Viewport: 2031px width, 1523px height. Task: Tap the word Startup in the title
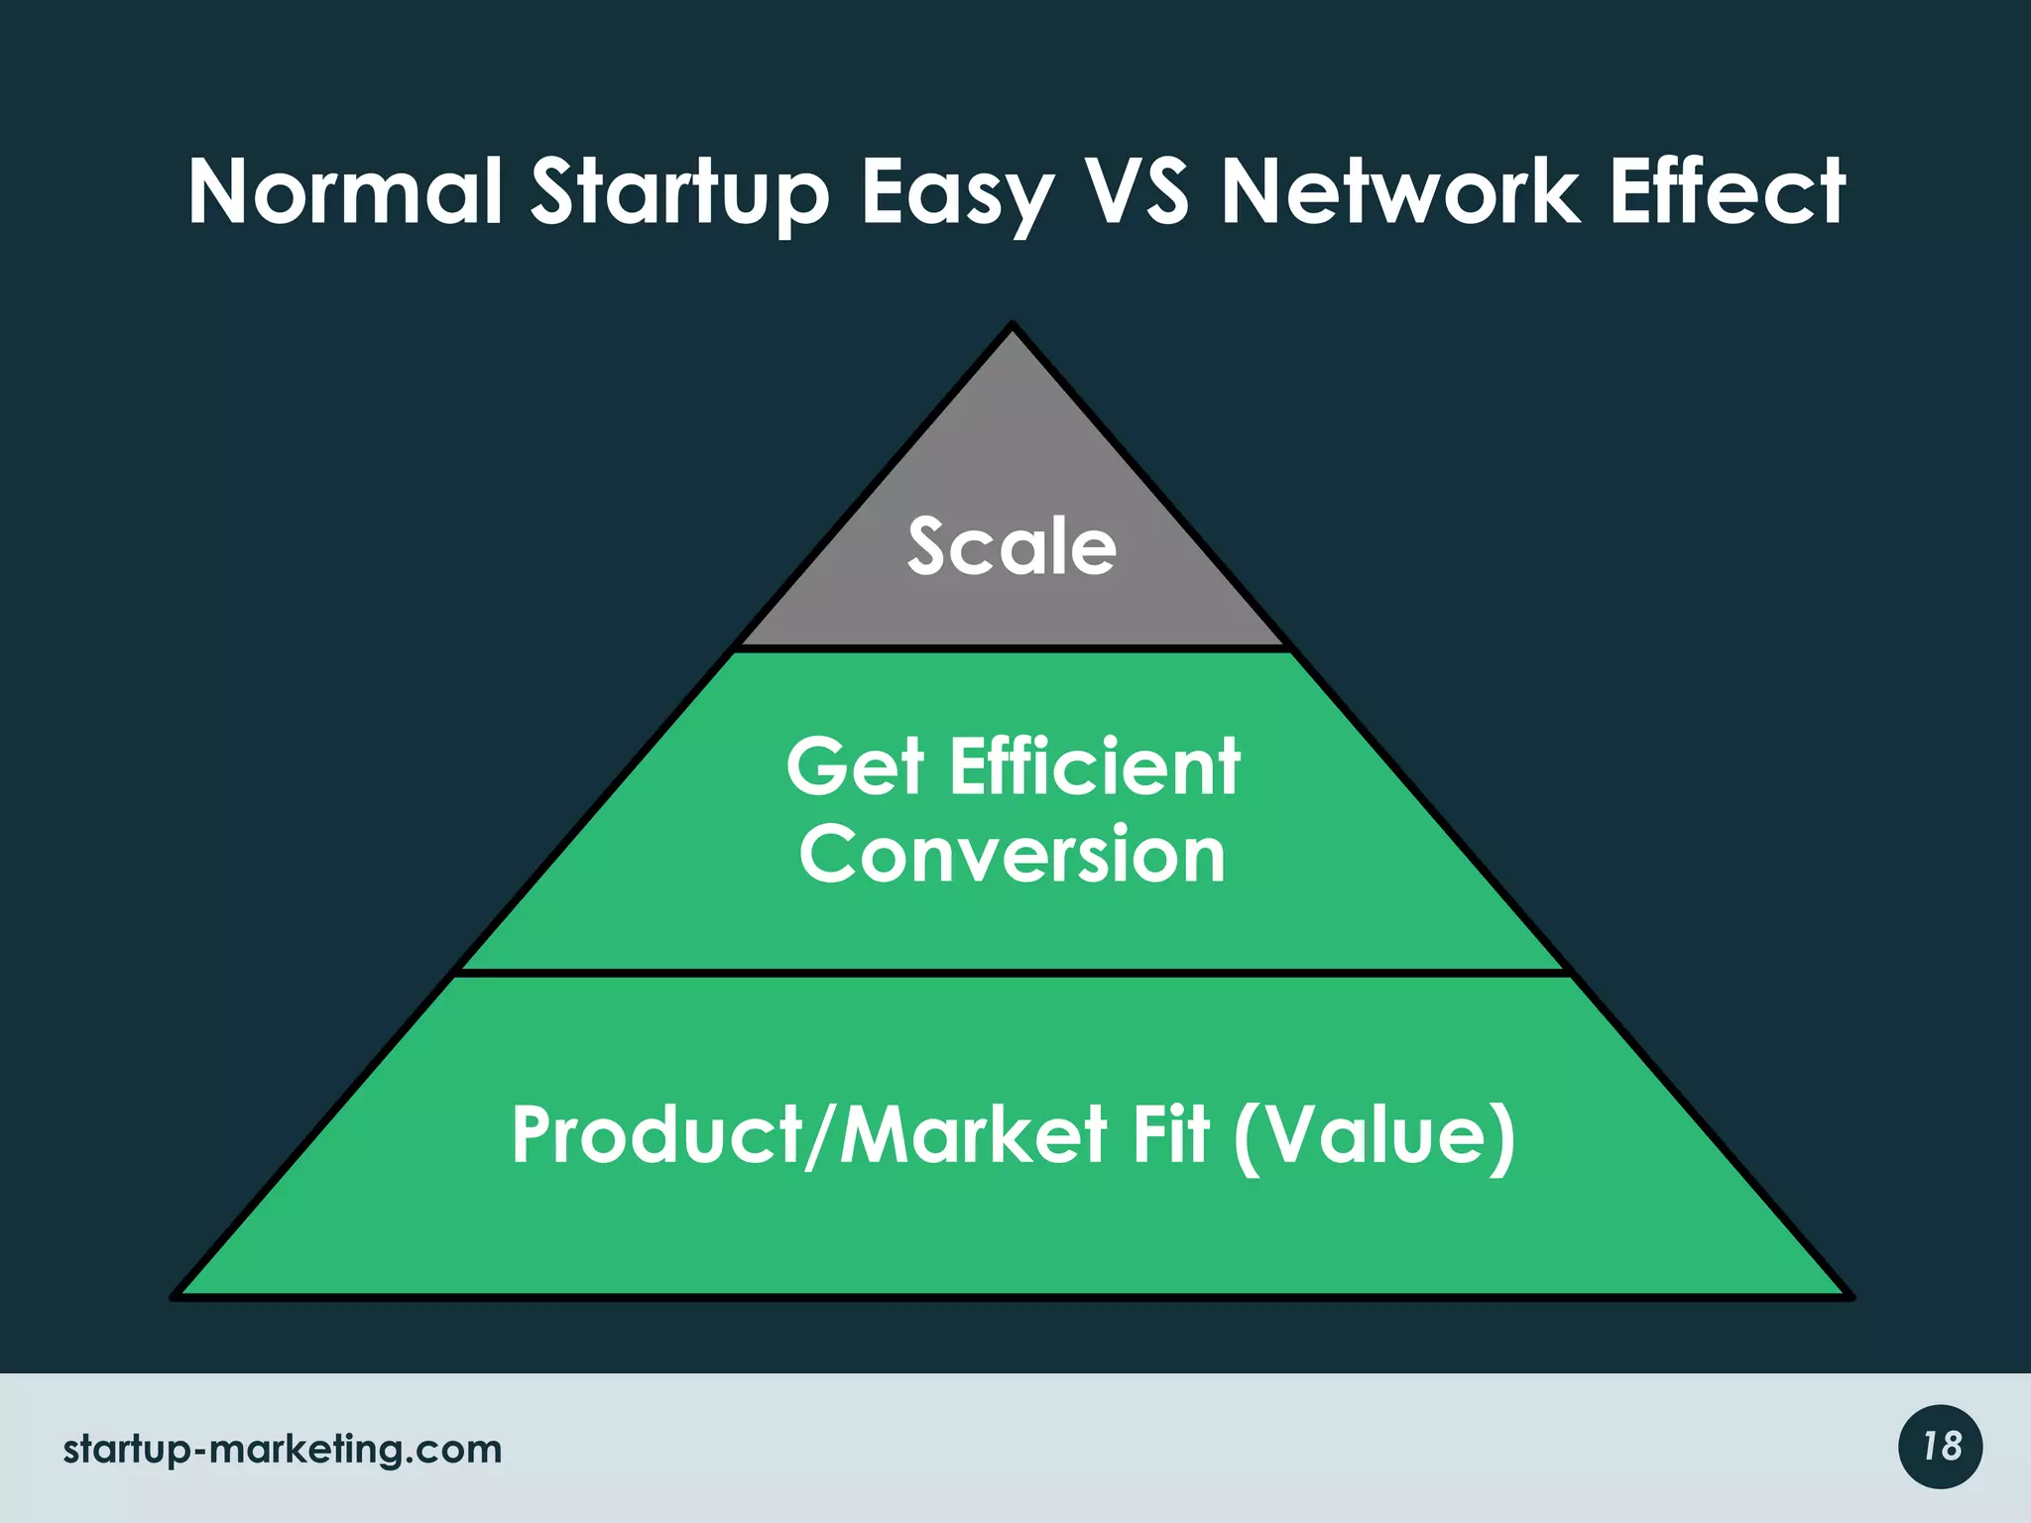680,194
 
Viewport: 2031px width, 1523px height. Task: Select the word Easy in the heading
956,194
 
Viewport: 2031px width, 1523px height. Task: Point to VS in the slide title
1136,192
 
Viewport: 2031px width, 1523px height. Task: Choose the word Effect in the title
1727,192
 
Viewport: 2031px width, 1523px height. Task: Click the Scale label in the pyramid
1012,546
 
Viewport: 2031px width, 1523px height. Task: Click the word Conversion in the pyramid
1013,855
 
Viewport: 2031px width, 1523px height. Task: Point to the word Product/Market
808,1134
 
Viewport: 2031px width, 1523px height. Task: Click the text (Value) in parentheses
1374,1136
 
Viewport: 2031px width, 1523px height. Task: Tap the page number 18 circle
1941,1447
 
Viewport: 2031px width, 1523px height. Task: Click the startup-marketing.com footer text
283,1450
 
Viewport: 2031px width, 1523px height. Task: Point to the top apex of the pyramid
1013,325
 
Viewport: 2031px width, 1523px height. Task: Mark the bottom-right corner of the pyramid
1849,1295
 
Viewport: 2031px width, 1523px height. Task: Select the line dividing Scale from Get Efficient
1013,648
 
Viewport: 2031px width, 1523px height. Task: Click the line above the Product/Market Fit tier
1013,974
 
